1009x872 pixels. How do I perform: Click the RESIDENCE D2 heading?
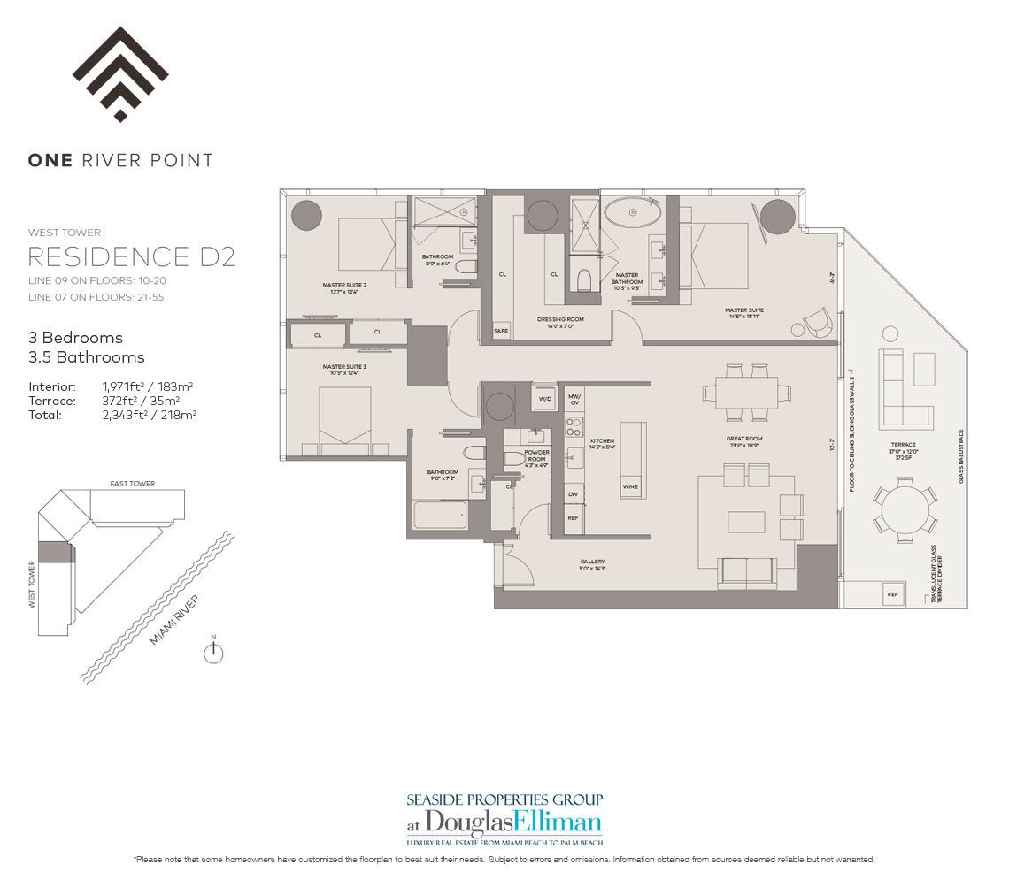point(132,256)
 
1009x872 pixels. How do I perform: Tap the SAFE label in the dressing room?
point(502,331)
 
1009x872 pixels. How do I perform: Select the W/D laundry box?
point(545,398)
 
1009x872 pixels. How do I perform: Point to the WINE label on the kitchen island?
point(631,486)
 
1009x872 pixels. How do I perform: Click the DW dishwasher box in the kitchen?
point(574,495)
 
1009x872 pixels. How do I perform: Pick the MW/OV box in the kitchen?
point(574,399)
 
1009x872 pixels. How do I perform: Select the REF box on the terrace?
point(892,595)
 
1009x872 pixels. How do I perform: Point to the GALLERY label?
point(592,562)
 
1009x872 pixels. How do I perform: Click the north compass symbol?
point(212,653)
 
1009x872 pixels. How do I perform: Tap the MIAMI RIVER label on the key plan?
point(174,620)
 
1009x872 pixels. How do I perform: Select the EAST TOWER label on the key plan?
point(133,484)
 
